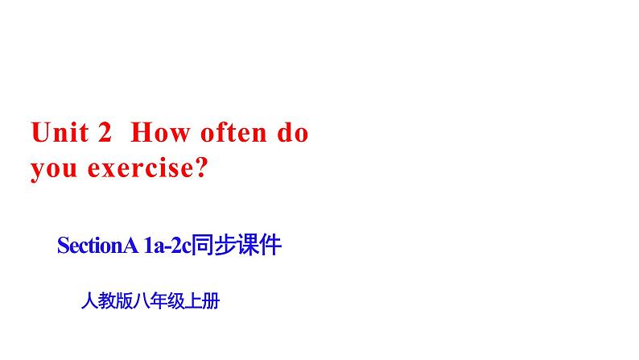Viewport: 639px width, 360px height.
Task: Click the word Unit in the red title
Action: point(60,133)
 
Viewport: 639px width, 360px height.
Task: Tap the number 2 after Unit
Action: point(105,132)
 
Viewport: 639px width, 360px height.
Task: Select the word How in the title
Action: point(160,133)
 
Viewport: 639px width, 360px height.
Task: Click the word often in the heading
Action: point(233,132)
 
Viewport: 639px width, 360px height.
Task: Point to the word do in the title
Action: point(293,132)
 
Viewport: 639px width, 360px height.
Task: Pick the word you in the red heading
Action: point(54,169)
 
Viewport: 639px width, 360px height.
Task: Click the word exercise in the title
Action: point(140,168)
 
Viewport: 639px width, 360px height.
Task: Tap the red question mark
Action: point(201,168)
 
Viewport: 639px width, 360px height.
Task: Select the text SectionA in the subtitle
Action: point(97,246)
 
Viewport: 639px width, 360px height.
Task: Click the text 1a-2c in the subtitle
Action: point(167,246)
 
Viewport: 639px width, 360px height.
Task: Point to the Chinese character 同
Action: point(203,245)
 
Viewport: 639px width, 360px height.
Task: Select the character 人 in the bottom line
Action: point(89,301)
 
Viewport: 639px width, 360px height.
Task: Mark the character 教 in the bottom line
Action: point(107,301)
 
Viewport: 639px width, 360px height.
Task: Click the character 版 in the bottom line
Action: point(124,301)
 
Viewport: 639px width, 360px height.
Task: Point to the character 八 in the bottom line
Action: point(142,301)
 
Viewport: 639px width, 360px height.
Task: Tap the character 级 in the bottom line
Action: point(176,301)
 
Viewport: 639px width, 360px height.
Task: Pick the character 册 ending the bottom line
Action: point(211,301)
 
